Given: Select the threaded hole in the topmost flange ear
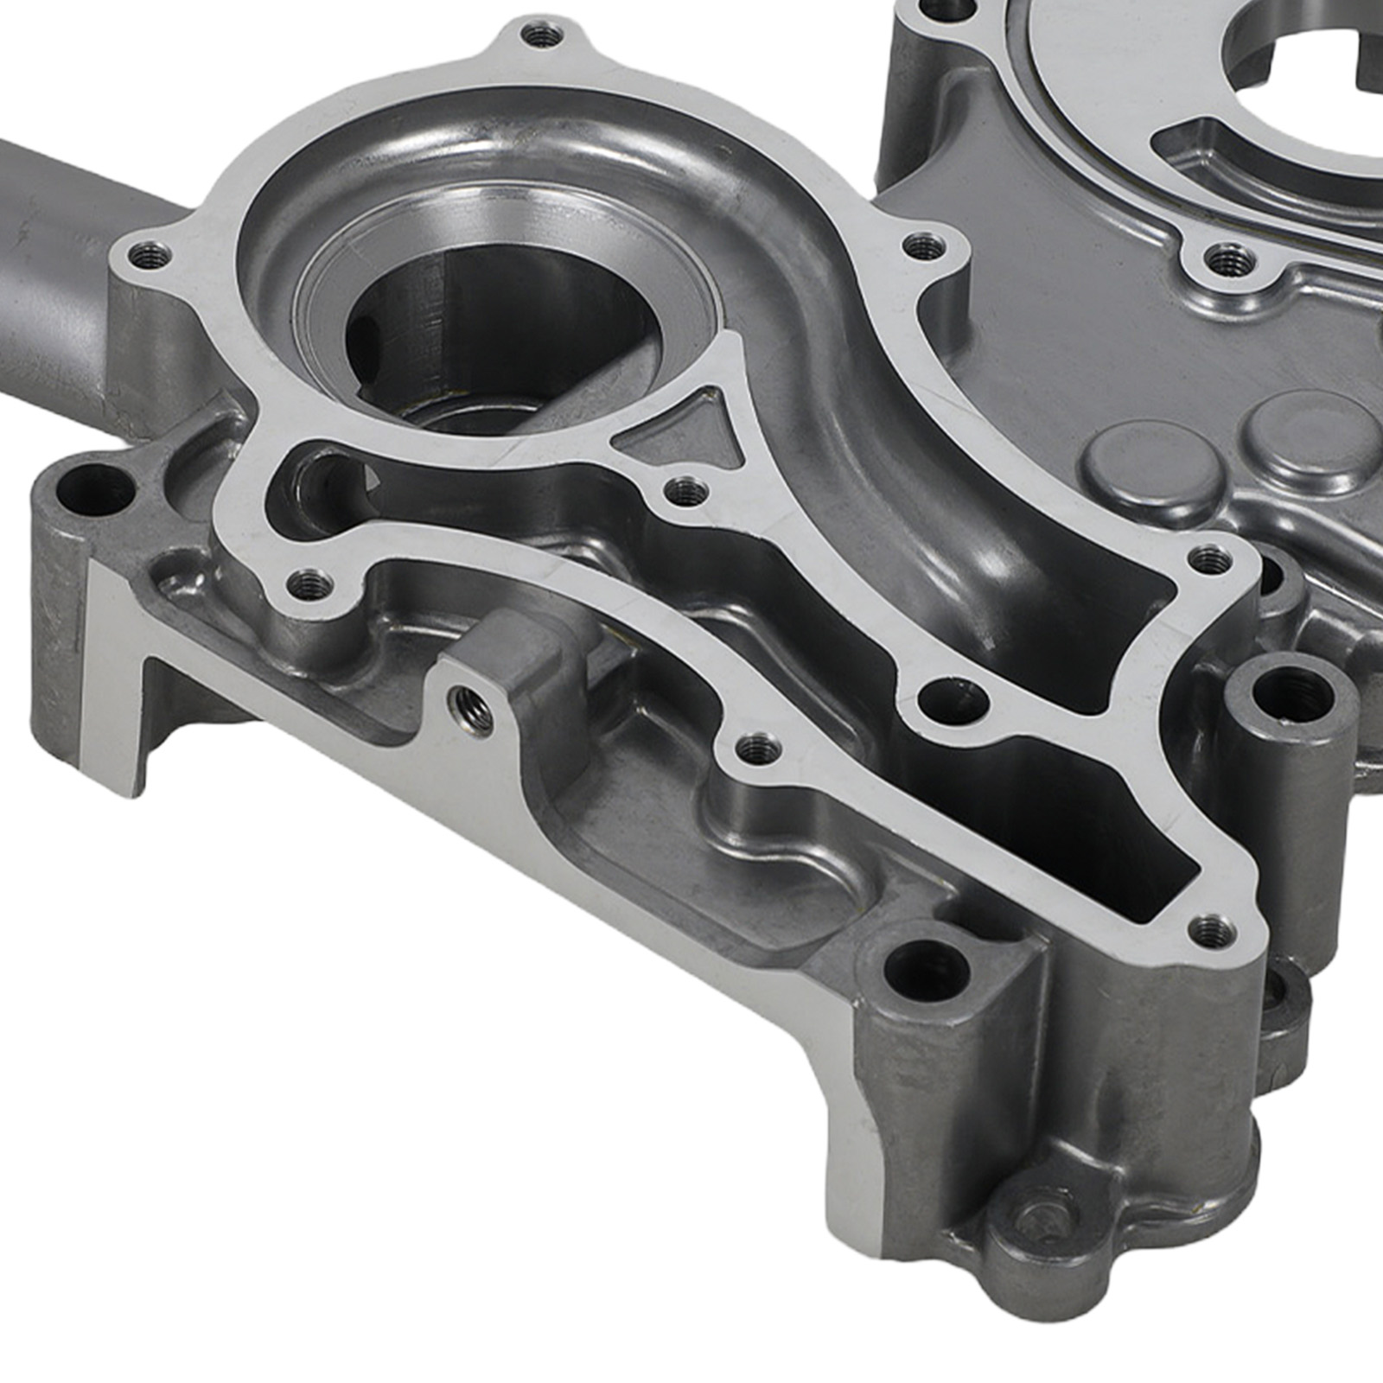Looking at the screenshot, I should click(x=543, y=37).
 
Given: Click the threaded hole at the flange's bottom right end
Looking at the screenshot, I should click(x=1220, y=930).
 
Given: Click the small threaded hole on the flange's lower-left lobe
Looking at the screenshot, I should click(x=309, y=585).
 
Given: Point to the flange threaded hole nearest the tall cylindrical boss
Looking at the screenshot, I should click(x=1209, y=561).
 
